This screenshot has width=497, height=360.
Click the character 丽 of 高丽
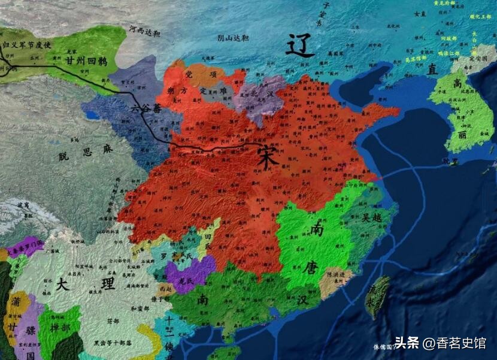pyautogui.click(x=462, y=137)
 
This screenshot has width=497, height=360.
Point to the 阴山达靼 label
pyautogui.click(x=234, y=38)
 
